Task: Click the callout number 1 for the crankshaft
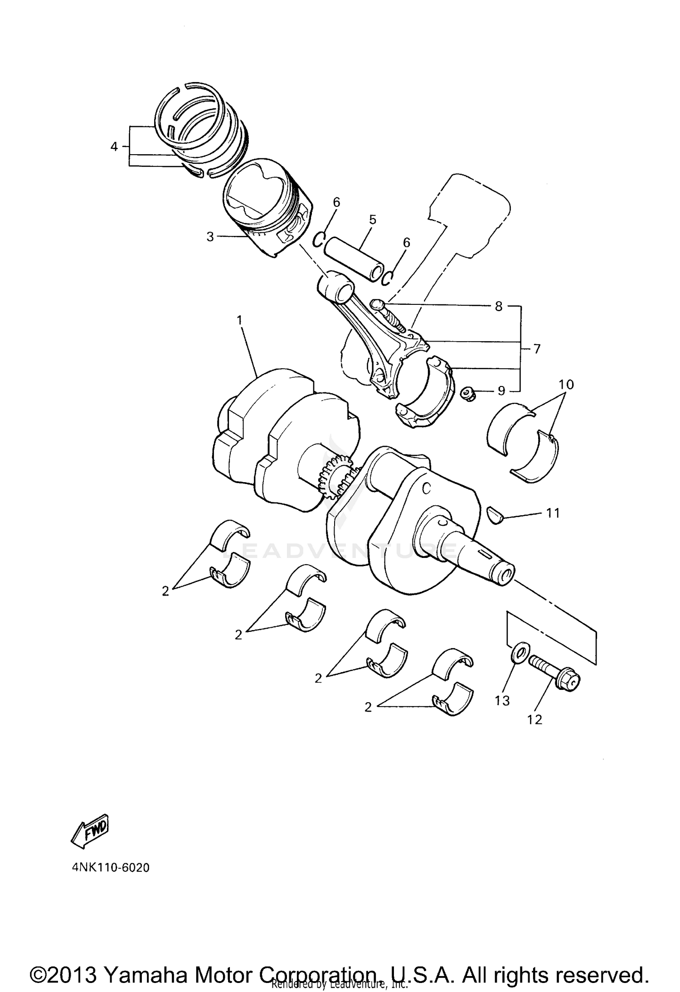239,320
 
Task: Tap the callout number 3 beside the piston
210,236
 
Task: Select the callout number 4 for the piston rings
114,147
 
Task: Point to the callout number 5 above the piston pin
373,220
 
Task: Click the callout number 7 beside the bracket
537,349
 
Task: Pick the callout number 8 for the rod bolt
499,306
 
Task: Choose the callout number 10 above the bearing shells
566,384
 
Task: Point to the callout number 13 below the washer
502,701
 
